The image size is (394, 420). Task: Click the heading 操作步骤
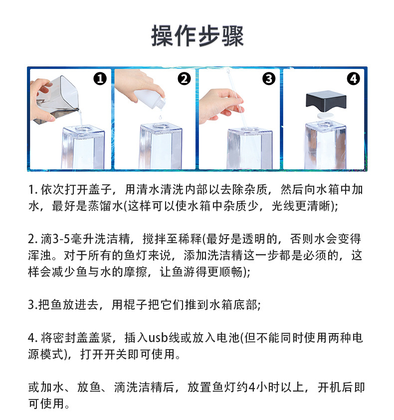197,36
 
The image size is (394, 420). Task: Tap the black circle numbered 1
100,79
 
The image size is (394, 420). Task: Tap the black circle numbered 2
185,79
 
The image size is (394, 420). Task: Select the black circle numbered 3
269,79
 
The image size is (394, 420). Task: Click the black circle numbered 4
353,79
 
